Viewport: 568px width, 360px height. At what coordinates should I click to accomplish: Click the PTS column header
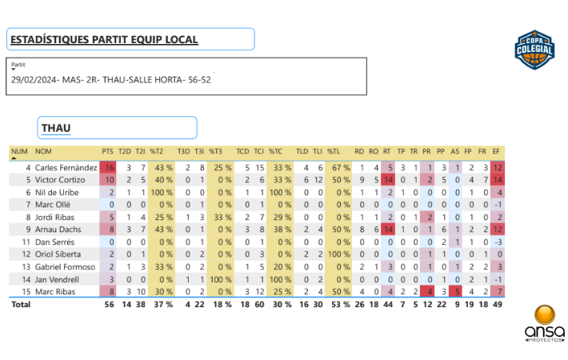click(108, 150)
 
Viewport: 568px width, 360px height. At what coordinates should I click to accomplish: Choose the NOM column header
click(43, 150)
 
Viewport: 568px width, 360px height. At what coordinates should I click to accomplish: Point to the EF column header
click(497, 150)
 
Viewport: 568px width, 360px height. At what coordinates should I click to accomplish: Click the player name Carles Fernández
click(66, 168)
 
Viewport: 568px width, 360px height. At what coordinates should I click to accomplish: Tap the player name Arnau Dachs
click(58, 229)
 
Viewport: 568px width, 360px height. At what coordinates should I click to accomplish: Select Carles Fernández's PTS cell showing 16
click(109, 168)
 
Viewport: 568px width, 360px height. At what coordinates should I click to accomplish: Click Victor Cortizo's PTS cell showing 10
click(109, 180)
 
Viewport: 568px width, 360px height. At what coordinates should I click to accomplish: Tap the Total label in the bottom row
click(20, 304)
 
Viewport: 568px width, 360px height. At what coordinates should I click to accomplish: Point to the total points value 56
click(109, 304)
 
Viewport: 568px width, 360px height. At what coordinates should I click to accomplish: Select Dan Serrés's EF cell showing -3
click(497, 242)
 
